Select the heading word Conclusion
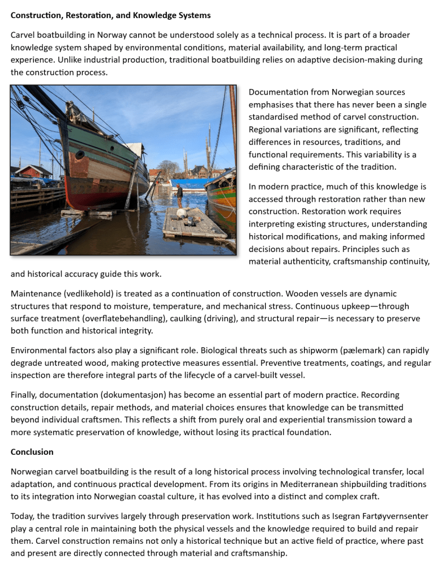pos(32,452)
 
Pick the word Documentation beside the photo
pos(278,92)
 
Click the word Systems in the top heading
pos(194,15)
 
